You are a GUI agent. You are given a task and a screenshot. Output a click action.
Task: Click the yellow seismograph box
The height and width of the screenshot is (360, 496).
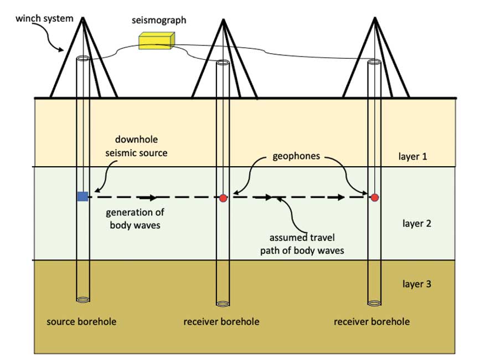tap(157, 41)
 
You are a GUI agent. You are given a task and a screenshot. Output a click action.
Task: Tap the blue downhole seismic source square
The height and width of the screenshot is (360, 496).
tap(82, 196)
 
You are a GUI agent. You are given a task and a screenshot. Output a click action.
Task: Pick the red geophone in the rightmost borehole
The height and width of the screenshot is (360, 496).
tap(375, 197)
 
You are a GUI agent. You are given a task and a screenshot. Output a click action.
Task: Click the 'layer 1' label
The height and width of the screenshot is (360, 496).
tap(412, 156)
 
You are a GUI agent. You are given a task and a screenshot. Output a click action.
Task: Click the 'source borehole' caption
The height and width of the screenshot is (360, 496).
tap(81, 322)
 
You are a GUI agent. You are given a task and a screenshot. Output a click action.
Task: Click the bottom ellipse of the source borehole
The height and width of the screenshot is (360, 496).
tap(82, 300)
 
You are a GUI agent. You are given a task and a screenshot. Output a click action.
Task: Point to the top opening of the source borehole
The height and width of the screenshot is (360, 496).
tap(83, 59)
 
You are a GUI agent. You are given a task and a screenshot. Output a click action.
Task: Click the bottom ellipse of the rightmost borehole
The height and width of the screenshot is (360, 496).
tap(375, 302)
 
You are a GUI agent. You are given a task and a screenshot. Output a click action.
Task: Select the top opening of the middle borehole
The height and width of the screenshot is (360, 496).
tap(223, 61)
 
